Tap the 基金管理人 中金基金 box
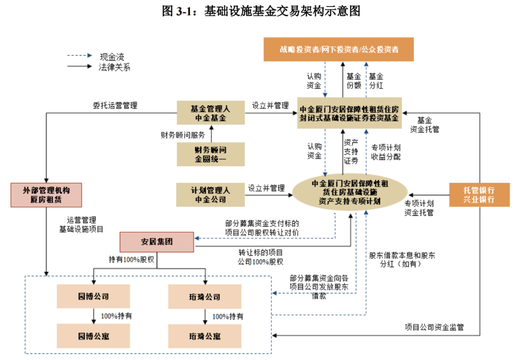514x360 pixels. [210, 113]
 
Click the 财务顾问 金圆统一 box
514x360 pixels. [210, 155]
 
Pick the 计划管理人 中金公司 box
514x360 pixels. [210, 195]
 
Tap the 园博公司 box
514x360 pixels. [93, 296]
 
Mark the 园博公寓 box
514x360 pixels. [93, 336]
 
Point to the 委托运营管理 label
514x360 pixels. [115, 106]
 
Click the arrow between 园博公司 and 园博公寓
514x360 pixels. [93, 316]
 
